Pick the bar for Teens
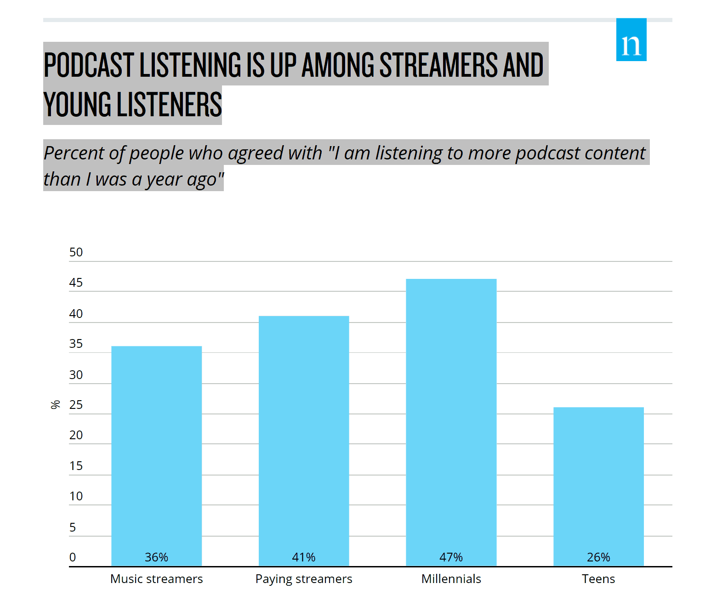[x=598, y=482]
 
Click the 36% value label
[x=156, y=557]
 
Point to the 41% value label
[x=304, y=557]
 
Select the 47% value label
[x=451, y=557]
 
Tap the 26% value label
[x=598, y=557]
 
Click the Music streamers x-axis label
[x=156, y=579]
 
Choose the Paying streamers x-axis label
[x=304, y=579]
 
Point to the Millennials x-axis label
[x=451, y=579]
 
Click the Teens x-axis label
[x=598, y=579]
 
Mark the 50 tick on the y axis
[x=76, y=252]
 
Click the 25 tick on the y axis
[x=76, y=405]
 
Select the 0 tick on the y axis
[x=73, y=557]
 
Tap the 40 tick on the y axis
[x=76, y=314]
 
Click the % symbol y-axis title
[x=56, y=405]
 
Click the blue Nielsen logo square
[x=631, y=40]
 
